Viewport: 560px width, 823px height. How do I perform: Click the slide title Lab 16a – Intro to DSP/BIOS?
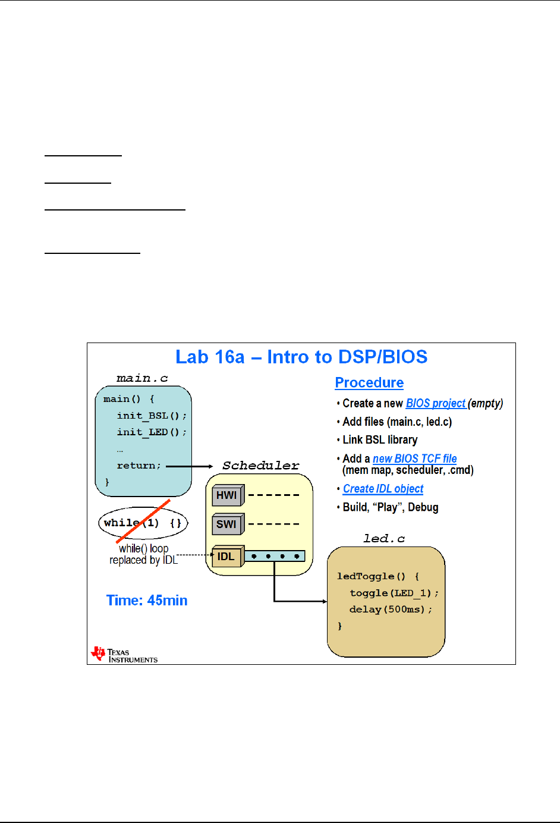301,357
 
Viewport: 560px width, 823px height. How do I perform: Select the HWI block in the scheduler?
227,495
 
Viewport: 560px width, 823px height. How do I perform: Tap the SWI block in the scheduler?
227,524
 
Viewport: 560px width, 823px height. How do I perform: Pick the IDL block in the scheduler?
226,557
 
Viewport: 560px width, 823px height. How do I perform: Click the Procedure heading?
369,383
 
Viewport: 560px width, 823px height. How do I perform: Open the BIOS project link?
436,403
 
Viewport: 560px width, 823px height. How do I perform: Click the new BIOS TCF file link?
415,458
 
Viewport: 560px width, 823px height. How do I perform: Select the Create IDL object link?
383,489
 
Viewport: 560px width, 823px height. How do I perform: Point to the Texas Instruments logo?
124,655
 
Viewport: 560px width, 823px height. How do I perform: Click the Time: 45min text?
147,601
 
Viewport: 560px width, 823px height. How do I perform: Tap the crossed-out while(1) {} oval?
143,523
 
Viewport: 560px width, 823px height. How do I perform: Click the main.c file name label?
142,378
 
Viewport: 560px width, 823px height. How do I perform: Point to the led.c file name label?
384,539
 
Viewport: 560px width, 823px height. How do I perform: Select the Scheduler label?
261,466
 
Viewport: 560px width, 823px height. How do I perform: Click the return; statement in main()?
139,466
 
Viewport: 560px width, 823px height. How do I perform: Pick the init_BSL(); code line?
152,416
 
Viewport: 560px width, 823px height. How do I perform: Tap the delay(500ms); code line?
391,610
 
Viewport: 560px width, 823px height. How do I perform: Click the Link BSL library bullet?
380,440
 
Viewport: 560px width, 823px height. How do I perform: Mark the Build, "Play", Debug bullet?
391,507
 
